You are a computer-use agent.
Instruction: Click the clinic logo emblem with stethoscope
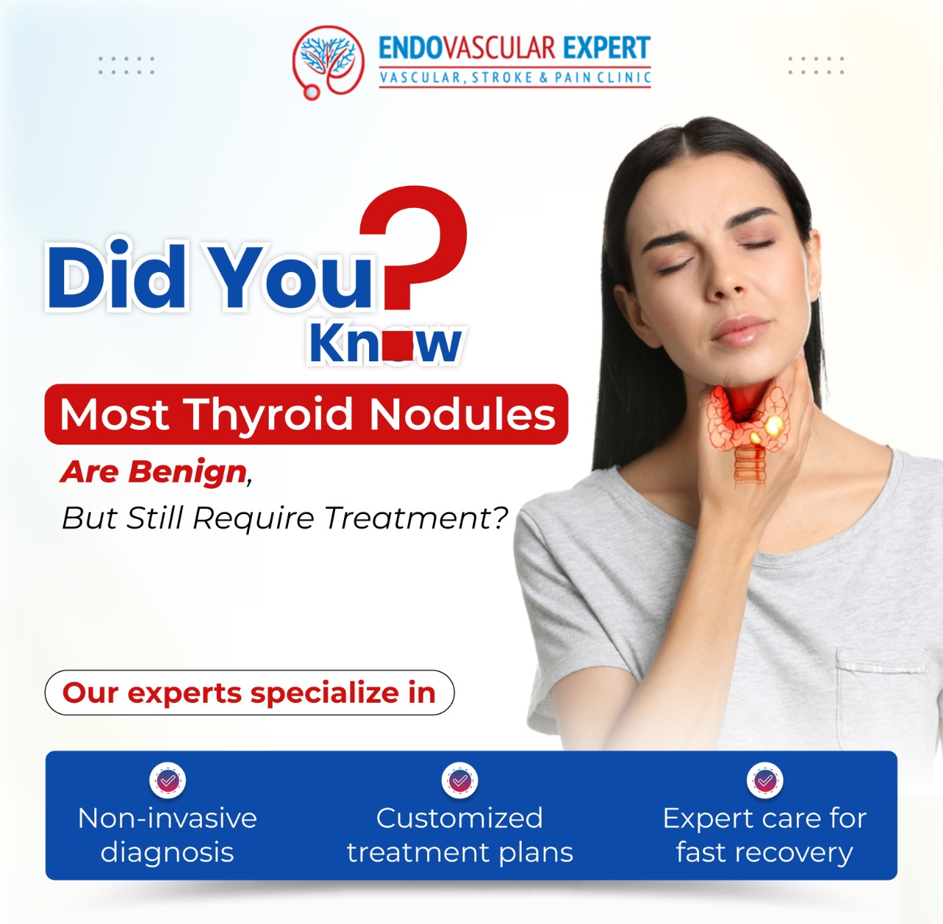(x=328, y=62)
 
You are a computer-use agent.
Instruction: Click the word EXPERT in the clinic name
(x=606, y=48)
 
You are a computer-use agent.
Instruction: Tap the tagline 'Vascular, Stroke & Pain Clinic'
(x=515, y=77)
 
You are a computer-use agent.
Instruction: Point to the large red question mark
(x=413, y=248)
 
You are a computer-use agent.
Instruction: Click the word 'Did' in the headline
(x=116, y=277)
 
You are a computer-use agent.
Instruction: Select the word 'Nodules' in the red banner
(x=462, y=414)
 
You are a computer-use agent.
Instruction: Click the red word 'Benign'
(x=187, y=472)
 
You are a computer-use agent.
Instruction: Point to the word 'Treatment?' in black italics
(x=416, y=518)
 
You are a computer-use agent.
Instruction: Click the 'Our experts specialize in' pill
(x=249, y=692)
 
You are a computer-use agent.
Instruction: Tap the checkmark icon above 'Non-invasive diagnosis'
(x=167, y=780)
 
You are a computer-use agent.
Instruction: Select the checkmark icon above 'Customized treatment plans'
(x=460, y=780)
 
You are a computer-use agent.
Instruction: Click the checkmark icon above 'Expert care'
(x=765, y=780)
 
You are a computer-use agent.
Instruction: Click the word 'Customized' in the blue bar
(x=460, y=818)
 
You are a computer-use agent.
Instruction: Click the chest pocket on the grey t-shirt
(x=881, y=695)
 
